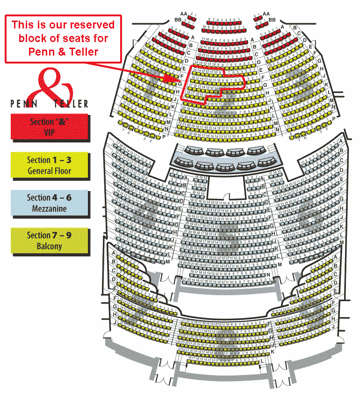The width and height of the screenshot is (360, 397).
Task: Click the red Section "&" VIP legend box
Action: (50, 127)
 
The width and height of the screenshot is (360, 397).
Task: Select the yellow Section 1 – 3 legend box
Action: (50, 165)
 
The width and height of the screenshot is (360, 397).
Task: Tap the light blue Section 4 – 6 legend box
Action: (50, 203)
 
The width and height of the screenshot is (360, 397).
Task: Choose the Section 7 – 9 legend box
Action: (50, 241)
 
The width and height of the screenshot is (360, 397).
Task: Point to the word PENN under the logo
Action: (22, 104)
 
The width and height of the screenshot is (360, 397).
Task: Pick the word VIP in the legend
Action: (49, 132)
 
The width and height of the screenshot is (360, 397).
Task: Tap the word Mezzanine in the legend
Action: (49, 209)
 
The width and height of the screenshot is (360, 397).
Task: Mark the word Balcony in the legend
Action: (49, 246)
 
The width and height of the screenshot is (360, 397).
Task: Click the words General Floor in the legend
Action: (49, 171)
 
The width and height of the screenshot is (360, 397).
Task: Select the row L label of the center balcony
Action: (263, 361)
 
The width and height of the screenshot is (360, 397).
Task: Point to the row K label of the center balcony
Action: (272, 351)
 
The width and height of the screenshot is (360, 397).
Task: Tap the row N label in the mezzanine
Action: (268, 275)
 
